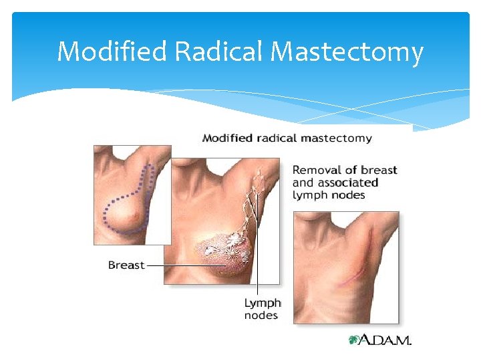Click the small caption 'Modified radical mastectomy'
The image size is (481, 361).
(287, 138)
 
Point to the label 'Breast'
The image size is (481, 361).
(126, 265)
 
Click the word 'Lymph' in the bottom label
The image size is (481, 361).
(263, 303)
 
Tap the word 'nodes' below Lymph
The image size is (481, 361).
(261, 315)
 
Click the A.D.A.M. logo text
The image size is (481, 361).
(387, 340)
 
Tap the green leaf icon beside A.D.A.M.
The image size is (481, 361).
(354, 340)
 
